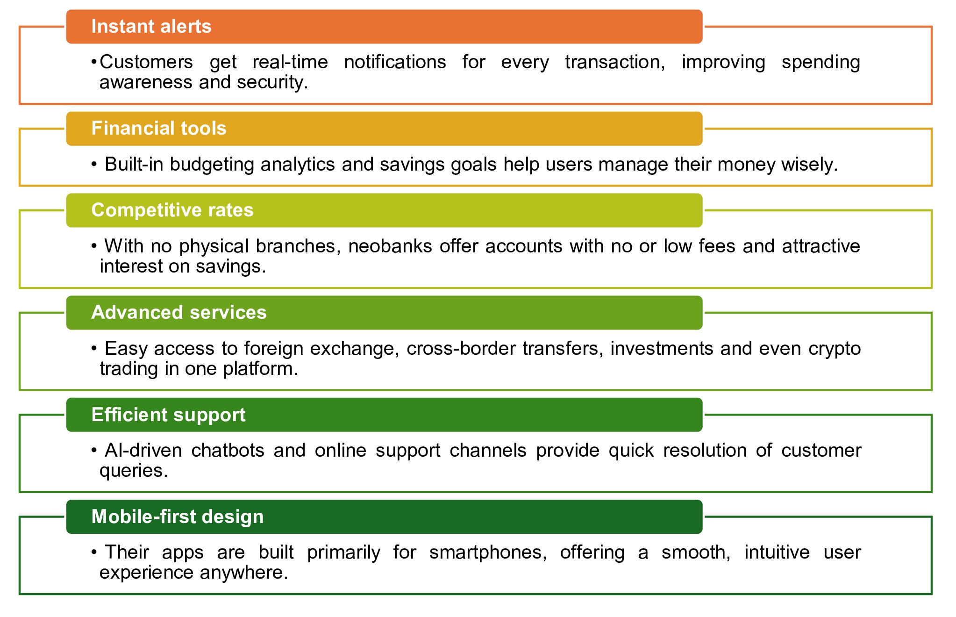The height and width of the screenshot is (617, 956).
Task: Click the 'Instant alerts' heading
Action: point(151,27)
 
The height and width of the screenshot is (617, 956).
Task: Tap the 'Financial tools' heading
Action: point(158,129)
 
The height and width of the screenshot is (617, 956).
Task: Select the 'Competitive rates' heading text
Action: point(172,210)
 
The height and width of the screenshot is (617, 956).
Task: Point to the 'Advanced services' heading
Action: point(178,312)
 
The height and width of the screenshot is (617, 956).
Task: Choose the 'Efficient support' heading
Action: point(168,415)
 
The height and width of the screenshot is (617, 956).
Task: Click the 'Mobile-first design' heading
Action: point(177,517)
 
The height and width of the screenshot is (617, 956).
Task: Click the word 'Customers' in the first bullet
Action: point(146,62)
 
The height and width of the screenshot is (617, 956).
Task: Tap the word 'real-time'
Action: point(290,62)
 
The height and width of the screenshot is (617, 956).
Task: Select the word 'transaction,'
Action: point(615,62)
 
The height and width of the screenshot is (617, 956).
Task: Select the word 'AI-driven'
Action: point(143,451)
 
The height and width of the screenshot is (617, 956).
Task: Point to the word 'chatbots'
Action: point(228,451)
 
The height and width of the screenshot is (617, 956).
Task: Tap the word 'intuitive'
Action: point(777,552)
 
